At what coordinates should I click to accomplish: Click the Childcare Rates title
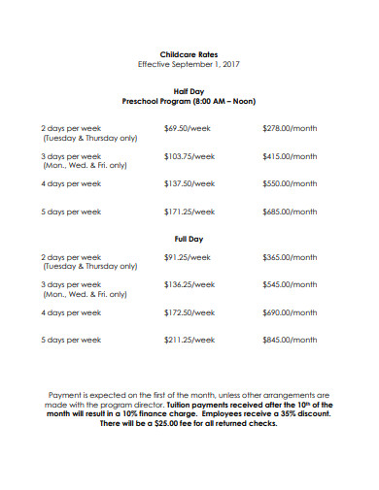[x=189, y=54]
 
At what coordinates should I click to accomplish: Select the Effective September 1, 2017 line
[x=189, y=65]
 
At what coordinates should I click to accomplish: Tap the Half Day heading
[x=189, y=90]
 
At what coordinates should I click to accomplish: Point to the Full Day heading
[x=189, y=239]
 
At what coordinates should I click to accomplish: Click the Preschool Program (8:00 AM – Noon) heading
[x=189, y=101]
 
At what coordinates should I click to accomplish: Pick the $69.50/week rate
[x=187, y=128]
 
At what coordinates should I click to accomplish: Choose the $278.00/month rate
[x=290, y=128]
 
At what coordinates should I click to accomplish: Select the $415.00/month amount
[x=290, y=155]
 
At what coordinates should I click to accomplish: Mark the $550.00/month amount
[x=290, y=183]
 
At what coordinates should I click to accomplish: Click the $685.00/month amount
[x=290, y=212]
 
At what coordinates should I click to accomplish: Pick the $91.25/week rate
[x=187, y=257]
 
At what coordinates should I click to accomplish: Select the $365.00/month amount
[x=290, y=257]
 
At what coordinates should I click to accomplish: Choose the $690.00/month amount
[x=290, y=313]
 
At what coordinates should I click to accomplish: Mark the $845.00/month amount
[x=290, y=341]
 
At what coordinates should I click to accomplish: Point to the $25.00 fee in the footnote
[x=163, y=424]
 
